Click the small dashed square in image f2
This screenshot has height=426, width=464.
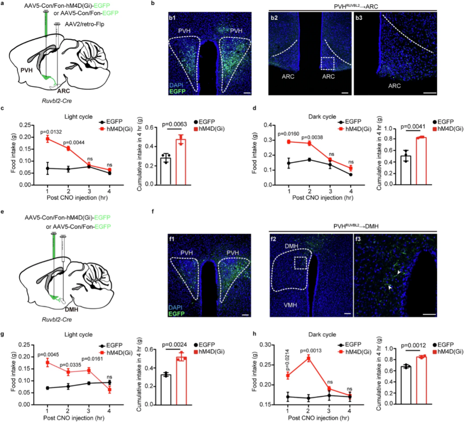point(299,262)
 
